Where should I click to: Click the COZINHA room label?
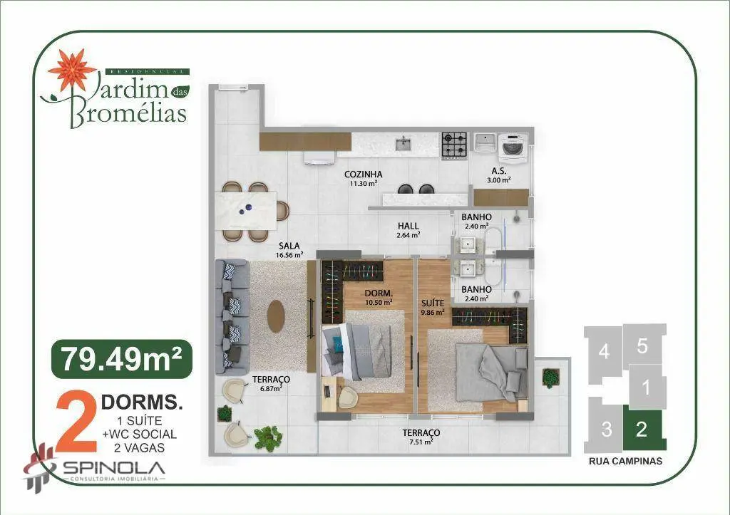coord(363,175)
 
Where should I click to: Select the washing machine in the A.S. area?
coord(513,147)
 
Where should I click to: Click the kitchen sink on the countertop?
coord(403,143)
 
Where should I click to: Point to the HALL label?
coord(408,226)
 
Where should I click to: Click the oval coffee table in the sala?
coord(276,316)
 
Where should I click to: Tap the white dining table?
coord(246,212)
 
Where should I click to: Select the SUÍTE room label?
coord(433,303)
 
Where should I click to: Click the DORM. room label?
coord(379,293)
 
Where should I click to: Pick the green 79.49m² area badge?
coord(122,359)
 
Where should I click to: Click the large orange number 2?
coord(76,422)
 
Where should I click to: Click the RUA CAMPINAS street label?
coord(625,462)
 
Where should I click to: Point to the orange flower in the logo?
coord(73,70)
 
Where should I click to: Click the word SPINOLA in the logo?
coord(113,468)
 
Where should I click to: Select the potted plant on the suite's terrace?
coord(551,378)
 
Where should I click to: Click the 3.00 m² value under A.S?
coord(499,180)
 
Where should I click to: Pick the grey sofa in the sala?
coord(232,317)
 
